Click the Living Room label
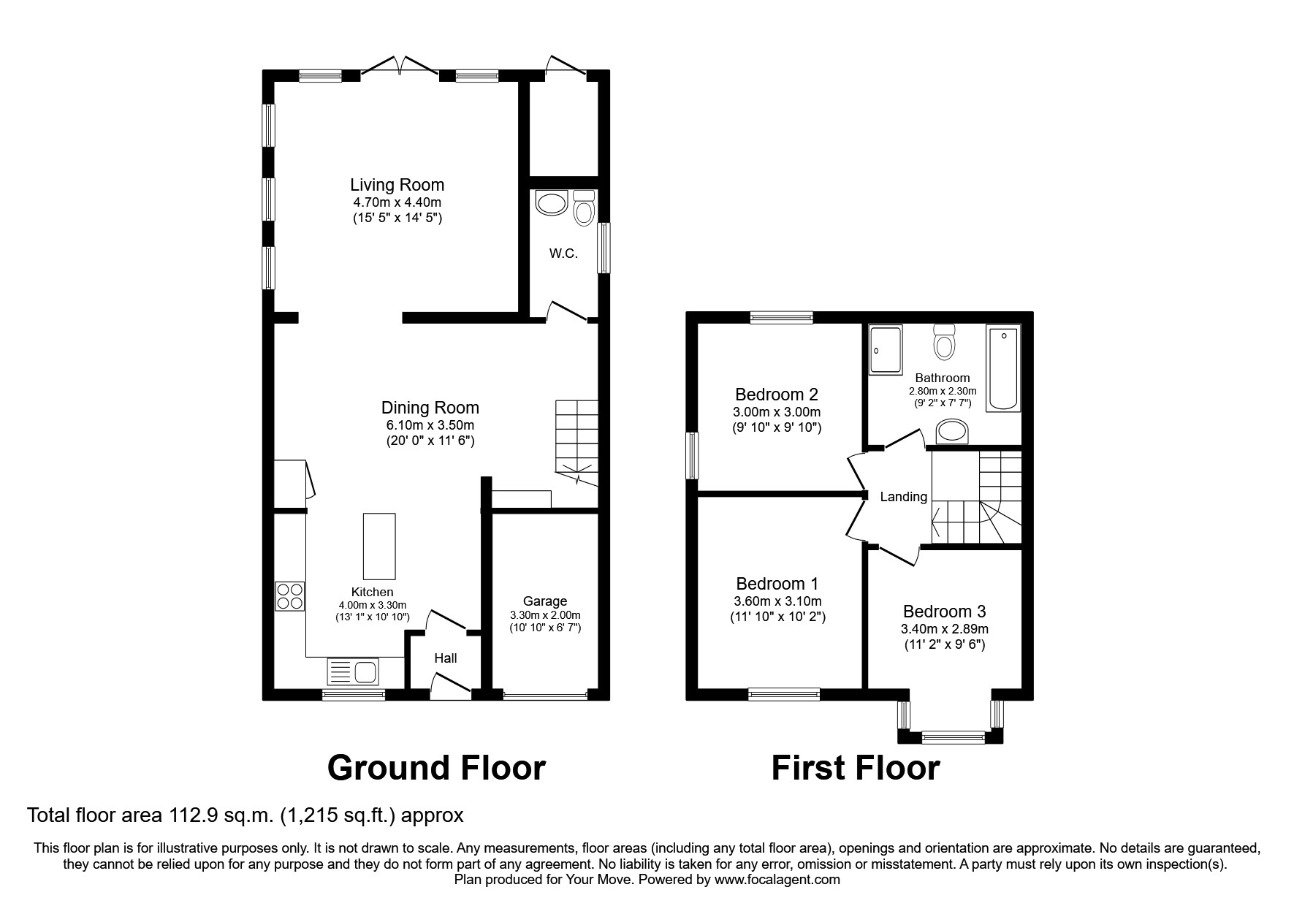point(397,185)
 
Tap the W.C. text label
point(563,254)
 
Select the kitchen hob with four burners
point(289,596)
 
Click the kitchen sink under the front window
point(353,671)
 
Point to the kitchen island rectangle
point(379,546)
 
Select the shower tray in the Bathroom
point(886,350)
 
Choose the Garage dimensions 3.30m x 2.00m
point(545,615)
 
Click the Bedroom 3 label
point(944,612)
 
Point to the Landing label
point(903,497)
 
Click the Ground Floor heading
point(436,768)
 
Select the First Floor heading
point(855,768)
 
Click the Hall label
point(445,658)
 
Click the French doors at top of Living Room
point(400,67)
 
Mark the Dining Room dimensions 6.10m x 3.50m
point(430,425)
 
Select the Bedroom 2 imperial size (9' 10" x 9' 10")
point(777,427)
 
